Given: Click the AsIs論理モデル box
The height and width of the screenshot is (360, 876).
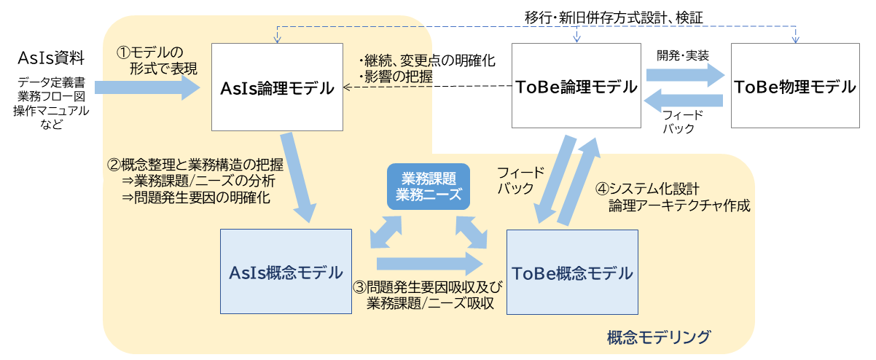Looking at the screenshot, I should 277,88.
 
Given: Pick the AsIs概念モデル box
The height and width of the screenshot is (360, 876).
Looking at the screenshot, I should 286,273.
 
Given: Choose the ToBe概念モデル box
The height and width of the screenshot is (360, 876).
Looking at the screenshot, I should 572,273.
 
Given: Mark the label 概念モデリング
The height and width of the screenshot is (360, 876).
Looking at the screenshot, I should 658,337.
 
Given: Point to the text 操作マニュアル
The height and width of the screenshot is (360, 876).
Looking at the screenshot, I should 51,110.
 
